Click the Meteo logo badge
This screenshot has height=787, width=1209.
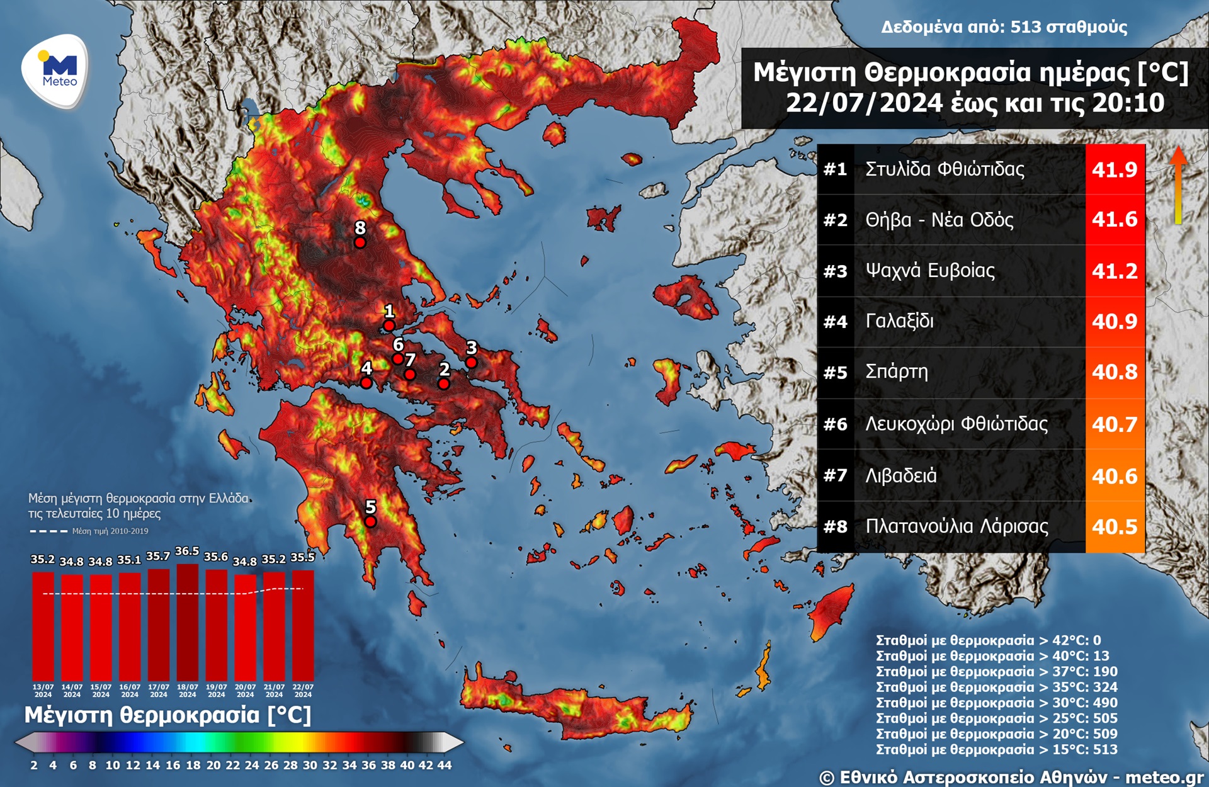click(55, 72)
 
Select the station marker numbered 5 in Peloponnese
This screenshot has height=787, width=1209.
click(370, 522)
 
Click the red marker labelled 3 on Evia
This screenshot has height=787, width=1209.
click(471, 363)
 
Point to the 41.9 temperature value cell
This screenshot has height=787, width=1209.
click(1115, 169)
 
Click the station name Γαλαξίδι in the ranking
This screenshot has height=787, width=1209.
click(899, 321)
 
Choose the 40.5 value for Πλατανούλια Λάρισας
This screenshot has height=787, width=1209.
click(1115, 526)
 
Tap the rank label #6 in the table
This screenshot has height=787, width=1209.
click(835, 424)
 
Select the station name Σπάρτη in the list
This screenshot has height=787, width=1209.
click(897, 372)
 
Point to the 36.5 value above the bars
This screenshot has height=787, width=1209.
click(187, 552)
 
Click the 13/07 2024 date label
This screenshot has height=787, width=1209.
click(43, 691)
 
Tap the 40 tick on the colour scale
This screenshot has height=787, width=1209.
click(407, 766)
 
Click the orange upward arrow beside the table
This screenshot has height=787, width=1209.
click(1178, 186)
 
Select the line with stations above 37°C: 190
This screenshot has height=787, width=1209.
click(996, 672)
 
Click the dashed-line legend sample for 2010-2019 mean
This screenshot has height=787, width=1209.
click(48, 531)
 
